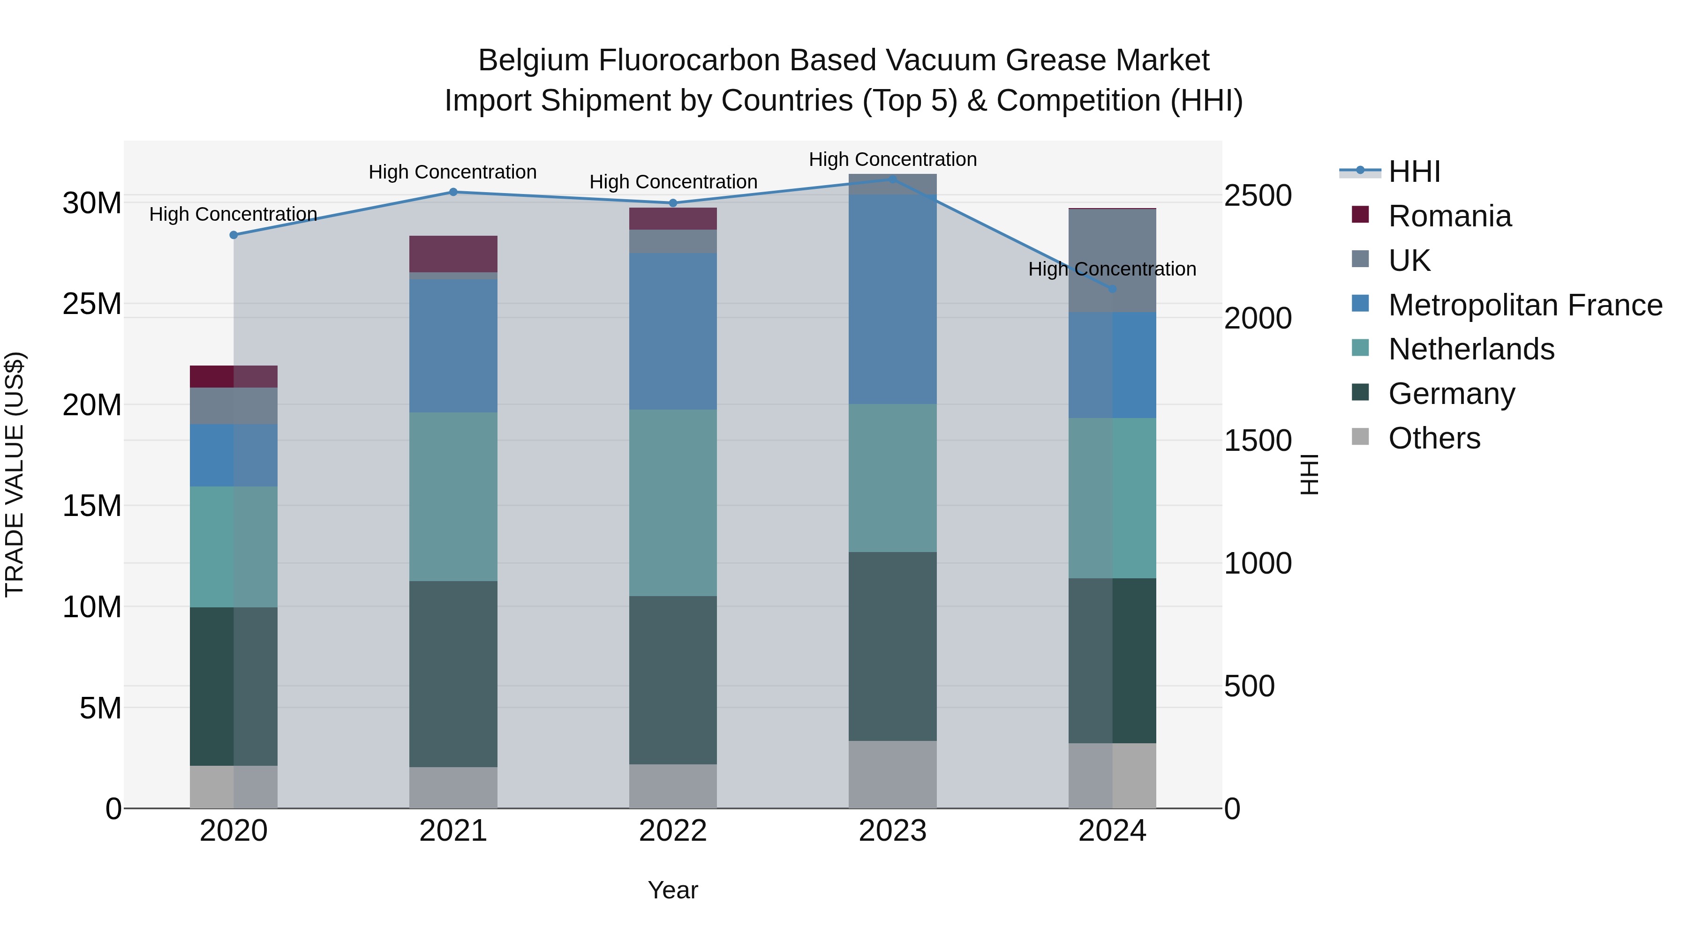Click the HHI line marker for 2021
453,192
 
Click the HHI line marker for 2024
1112,289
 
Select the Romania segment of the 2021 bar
453,254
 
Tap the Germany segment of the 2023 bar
892,646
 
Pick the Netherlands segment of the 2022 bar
673,502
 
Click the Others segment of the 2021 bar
453,787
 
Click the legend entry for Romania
1449,216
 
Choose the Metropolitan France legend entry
1524,305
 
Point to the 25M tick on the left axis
92,304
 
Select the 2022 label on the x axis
673,831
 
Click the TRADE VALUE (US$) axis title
15,474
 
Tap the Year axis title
673,890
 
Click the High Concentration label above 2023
892,159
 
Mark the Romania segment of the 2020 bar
234,377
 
